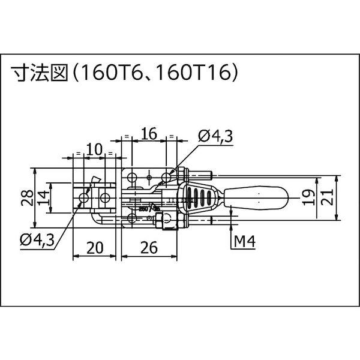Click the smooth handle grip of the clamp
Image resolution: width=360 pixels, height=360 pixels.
[258, 196]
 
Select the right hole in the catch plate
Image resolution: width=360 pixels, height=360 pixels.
[106, 197]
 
